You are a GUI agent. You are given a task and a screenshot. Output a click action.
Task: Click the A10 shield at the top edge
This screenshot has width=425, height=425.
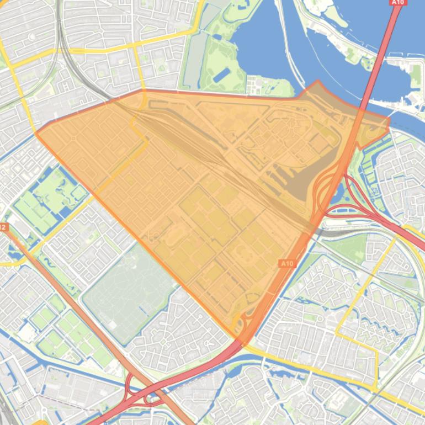[397, 2]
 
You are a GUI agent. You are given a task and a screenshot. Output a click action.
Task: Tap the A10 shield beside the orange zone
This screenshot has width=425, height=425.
[286, 264]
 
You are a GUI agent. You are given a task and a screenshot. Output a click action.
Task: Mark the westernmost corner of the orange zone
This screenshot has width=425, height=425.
[36, 133]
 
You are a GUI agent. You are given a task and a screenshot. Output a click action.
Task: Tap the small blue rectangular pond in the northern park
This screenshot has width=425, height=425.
[221, 75]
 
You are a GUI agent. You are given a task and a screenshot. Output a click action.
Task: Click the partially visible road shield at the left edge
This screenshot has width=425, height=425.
[3, 227]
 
